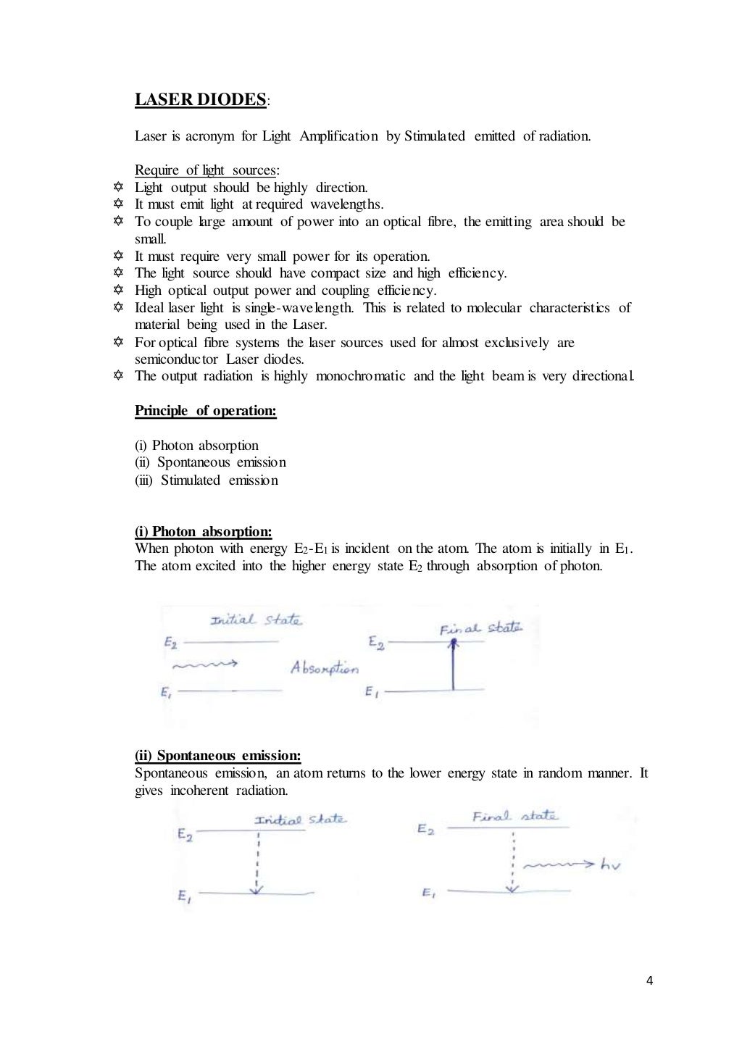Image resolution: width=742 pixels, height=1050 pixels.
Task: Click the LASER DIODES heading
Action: click(201, 100)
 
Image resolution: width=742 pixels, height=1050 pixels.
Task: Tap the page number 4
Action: click(649, 981)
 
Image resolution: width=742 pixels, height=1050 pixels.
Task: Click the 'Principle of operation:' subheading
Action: click(206, 411)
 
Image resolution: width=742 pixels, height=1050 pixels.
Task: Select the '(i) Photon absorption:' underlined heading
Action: click(204, 532)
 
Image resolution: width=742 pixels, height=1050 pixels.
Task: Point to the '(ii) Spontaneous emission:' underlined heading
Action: click(218, 756)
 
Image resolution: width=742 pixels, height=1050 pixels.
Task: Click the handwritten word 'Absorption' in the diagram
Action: click(324, 668)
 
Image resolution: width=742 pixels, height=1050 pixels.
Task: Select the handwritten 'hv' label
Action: click(610, 864)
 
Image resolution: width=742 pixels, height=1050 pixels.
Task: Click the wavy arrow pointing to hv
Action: click(559, 864)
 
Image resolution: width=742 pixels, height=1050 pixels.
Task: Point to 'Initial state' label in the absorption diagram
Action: click(256, 620)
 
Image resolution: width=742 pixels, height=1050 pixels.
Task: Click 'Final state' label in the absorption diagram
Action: click(480, 628)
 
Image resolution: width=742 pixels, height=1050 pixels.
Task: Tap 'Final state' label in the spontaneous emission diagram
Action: click(515, 817)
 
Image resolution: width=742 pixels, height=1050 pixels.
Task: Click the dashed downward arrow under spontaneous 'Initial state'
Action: click(257, 862)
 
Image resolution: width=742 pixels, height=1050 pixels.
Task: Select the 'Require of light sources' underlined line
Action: click(206, 170)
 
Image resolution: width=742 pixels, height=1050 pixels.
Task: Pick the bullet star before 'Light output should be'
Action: click(119, 187)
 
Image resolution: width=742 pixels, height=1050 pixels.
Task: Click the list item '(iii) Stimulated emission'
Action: click(207, 480)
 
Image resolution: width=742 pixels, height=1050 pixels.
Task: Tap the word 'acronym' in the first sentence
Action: click(210, 136)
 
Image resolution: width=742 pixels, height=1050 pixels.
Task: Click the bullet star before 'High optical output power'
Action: click(119, 290)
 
